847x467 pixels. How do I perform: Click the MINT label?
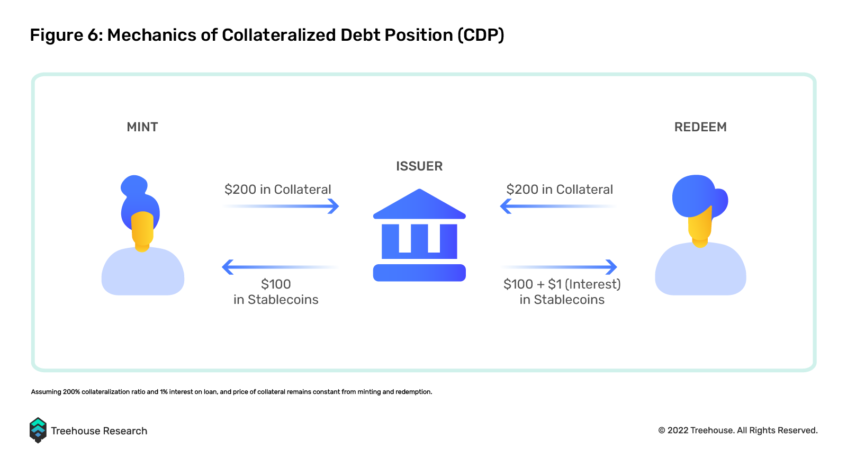pos(142,127)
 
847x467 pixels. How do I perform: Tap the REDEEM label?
pos(700,127)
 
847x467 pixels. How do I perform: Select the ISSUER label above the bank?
pos(419,166)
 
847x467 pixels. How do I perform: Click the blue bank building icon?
pos(419,235)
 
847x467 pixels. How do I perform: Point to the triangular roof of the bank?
pos(419,204)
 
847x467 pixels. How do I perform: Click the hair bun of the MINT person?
pos(134,185)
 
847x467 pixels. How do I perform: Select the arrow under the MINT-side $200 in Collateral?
pos(281,206)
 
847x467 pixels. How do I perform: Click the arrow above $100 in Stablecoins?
pos(280,267)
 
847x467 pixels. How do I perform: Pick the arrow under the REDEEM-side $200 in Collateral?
pos(558,206)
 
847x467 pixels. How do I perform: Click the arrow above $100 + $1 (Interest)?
pos(559,267)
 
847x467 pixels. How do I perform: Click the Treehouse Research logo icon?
pos(38,430)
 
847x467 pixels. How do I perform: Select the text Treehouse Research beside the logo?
pos(99,431)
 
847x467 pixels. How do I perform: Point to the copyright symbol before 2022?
pos(662,430)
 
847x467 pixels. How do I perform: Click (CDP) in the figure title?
pos(481,35)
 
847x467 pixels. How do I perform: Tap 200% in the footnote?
pos(71,392)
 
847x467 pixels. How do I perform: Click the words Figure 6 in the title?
pos(64,35)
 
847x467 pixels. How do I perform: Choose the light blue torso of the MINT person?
pos(143,271)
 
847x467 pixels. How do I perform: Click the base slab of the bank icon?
pos(419,273)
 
